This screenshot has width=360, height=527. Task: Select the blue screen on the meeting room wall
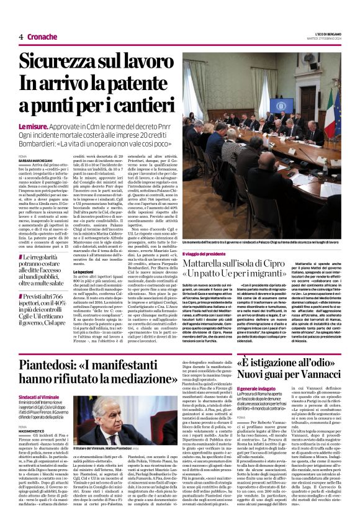pos(281,106)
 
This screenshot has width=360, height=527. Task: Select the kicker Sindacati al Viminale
pos(40,396)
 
